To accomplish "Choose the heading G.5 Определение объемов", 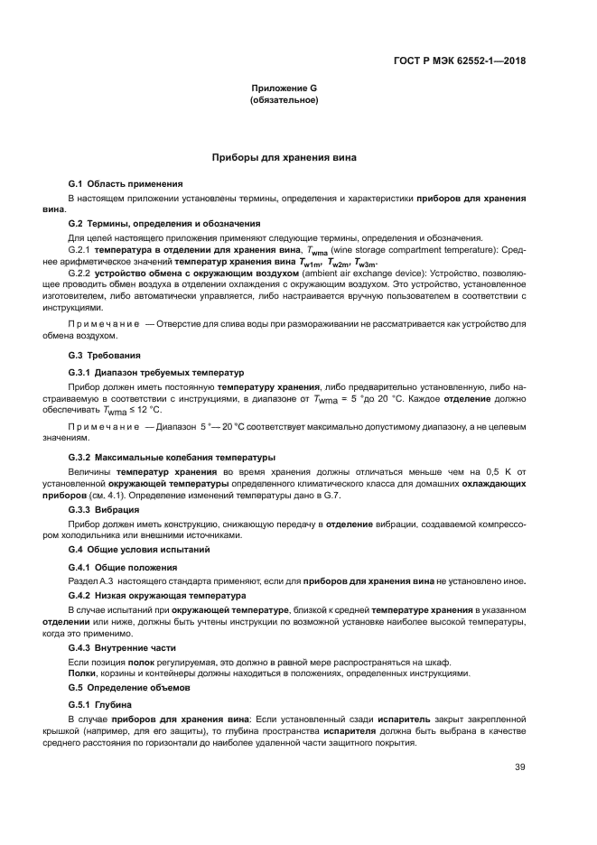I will click(134, 687).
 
